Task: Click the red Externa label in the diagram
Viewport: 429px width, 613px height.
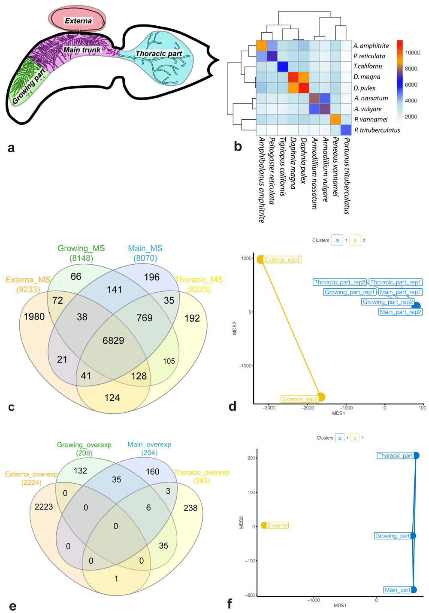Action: (x=78, y=21)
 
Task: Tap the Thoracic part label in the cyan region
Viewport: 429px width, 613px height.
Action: (x=159, y=54)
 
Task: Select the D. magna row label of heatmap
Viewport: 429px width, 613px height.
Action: (x=367, y=77)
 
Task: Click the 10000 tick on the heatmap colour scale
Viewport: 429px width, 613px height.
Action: (x=413, y=53)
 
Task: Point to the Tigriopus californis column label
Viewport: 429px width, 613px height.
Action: (x=282, y=167)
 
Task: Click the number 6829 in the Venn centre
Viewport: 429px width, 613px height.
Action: (x=113, y=341)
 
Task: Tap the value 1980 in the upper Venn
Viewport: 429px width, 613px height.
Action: (x=34, y=317)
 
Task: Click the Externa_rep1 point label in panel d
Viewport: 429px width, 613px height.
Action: (x=282, y=260)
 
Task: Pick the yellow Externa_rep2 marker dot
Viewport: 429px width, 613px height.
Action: (x=321, y=397)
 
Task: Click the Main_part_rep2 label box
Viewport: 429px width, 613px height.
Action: (x=401, y=312)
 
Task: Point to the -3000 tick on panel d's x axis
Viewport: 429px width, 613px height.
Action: (x=269, y=408)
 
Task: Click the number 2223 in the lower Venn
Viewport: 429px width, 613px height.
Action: (x=44, y=507)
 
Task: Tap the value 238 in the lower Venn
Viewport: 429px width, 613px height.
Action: (x=190, y=508)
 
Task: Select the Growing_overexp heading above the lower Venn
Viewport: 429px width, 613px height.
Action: (x=84, y=445)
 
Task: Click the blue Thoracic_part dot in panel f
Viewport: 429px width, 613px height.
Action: (x=416, y=455)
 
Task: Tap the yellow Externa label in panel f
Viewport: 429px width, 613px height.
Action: (x=277, y=525)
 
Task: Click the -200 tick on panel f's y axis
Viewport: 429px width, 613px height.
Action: (x=251, y=595)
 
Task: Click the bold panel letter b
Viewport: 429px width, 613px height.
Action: (x=238, y=147)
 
